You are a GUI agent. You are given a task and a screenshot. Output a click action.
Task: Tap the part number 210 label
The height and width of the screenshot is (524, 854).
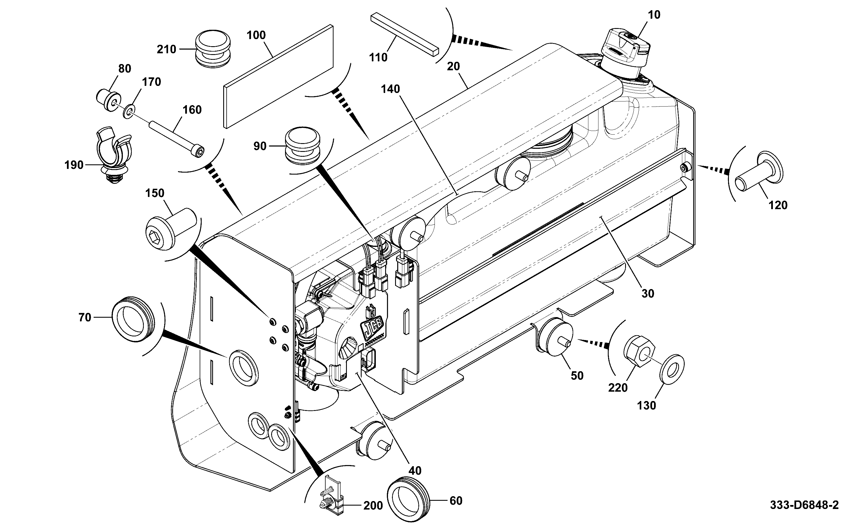coord(166,49)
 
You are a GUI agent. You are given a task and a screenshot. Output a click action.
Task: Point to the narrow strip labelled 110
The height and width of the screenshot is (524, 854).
coord(405,34)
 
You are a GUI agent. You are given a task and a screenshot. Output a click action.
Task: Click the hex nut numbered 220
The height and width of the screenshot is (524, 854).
coord(640,351)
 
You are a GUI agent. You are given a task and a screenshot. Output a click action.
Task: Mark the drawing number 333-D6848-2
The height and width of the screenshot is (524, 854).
coord(804,505)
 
